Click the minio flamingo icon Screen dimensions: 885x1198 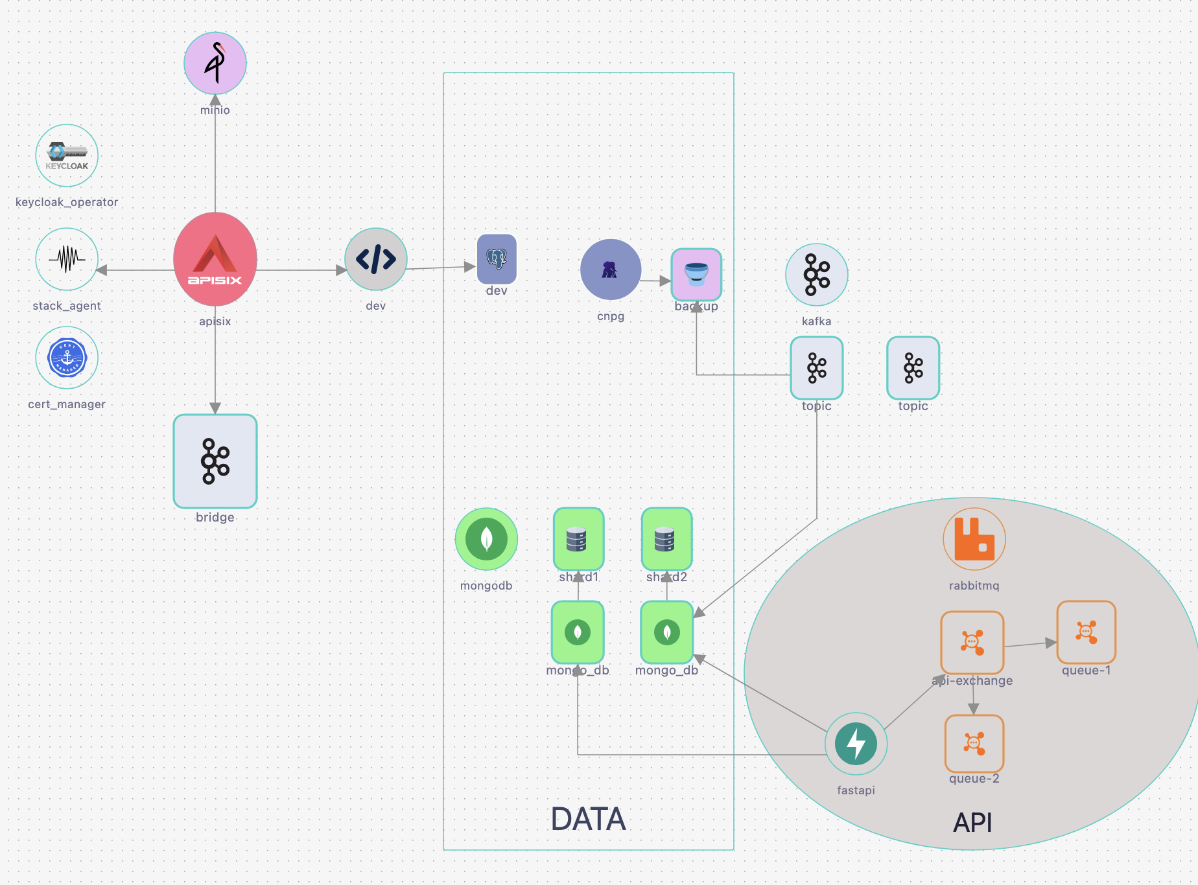point(215,63)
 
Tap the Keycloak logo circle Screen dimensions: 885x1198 point(67,155)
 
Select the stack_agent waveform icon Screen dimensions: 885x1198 point(67,259)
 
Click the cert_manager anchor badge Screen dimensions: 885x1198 point(67,358)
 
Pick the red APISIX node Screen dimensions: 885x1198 point(215,259)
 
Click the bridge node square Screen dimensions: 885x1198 point(215,461)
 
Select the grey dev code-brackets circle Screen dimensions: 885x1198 point(376,259)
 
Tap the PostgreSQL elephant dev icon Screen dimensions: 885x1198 point(497,259)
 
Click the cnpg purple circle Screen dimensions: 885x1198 point(611,270)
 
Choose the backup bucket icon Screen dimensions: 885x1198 point(696,275)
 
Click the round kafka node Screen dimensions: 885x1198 point(817,275)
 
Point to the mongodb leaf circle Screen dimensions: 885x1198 point(486,539)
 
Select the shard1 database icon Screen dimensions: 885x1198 point(578,539)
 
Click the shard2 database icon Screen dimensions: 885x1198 point(666,539)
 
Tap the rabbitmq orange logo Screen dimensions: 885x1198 point(974,539)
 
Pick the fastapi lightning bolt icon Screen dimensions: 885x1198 point(856,744)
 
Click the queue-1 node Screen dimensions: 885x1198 point(1086,632)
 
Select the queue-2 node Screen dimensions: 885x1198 point(974,743)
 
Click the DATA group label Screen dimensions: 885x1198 point(588,819)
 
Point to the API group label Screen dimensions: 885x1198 point(972,823)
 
